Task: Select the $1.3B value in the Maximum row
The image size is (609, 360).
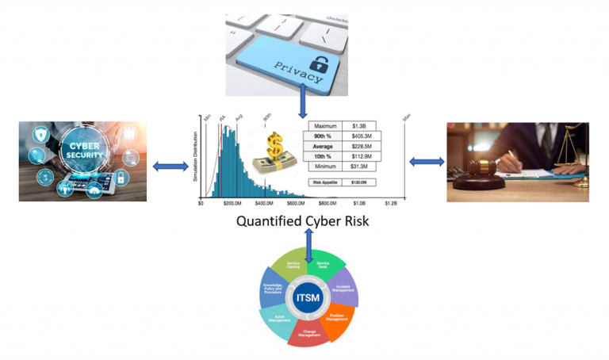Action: pos(358,126)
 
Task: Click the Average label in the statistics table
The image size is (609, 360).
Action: pos(325,146)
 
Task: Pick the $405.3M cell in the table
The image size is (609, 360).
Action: pos(358,136)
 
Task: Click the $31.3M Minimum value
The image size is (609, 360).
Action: pos(358,167)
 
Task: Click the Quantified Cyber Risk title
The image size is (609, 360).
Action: pos(303,221)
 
